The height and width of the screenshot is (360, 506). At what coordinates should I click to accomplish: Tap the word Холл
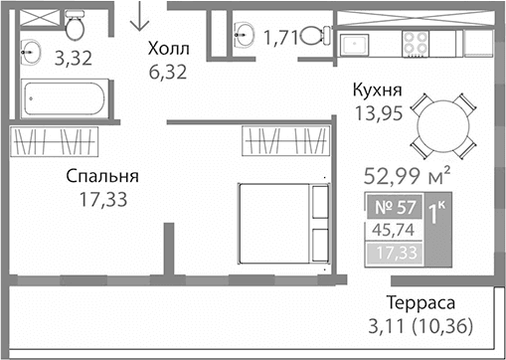pos(167,48)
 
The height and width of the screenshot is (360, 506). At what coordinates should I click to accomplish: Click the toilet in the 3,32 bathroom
pos(73,22)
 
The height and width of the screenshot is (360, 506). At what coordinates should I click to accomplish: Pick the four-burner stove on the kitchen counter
pos(416,42)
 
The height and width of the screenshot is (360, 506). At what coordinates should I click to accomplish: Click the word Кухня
pos(378,90)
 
